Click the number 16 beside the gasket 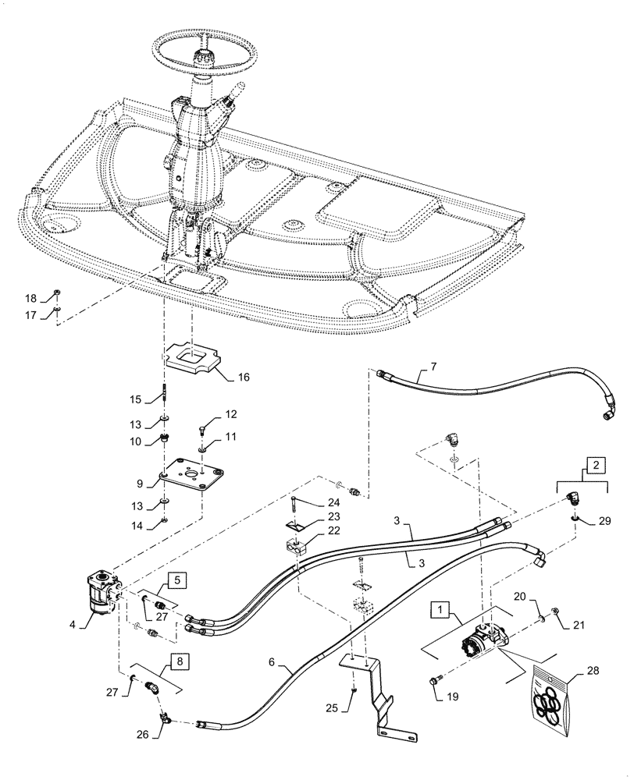pos(244,376)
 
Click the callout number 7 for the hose pos(434,367)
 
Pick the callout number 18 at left pos(31,299)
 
